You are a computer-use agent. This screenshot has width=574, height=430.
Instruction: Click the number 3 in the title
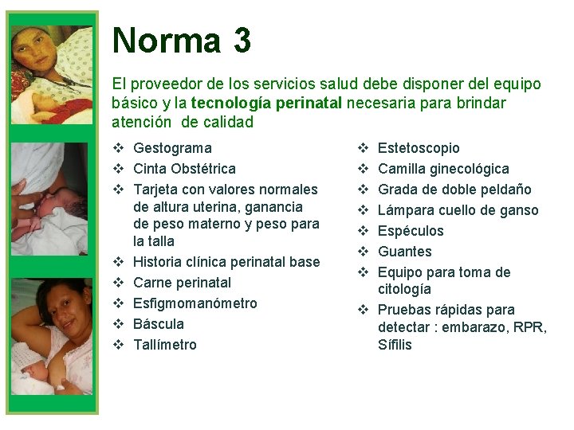click(x=242, y=40)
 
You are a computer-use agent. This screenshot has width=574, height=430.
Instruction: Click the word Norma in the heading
click(x=166, y=40)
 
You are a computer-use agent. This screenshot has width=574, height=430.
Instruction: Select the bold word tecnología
click(x=230, y=104)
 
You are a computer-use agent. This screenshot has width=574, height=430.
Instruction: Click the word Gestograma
click(x=172, y=148)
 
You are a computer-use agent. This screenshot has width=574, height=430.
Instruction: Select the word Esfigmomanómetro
click(x=195, y=303)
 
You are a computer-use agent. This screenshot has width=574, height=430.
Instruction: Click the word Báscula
click(x=159, y=324)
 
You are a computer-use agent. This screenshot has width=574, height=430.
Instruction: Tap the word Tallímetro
click(x=165, y=345)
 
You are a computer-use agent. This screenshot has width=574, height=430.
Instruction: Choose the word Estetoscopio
click(x=419, y=148)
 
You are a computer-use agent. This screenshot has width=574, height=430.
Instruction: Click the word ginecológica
click(x=470, y=169)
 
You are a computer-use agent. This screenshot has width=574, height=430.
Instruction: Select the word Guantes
click(x=404, y=252)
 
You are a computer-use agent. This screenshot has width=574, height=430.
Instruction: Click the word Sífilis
click(x=395, y=345)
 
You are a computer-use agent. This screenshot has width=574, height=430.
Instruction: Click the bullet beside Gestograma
click(x=118, y=148)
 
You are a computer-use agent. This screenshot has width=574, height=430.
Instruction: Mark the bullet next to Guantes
click(x=362, y=252)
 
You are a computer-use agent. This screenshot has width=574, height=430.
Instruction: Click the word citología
click(x=404, y=289)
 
